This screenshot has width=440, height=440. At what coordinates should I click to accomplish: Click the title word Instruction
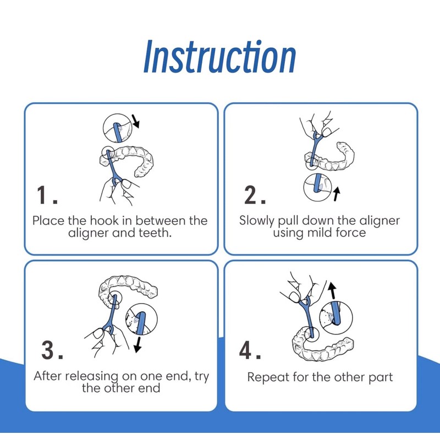tap(219, 57)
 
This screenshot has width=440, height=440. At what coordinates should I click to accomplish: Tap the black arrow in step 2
tap(337, 194)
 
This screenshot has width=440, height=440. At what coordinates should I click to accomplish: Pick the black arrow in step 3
tap(137, 345)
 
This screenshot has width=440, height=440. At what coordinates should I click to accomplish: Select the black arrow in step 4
tap(332, 290)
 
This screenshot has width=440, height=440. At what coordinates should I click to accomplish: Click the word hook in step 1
tap(104, 221)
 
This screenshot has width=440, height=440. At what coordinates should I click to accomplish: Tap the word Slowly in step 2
tap(256, 221)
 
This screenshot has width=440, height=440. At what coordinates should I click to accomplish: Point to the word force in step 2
tap(353, 233)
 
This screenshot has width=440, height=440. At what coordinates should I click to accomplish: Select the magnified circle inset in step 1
tap(118, 128)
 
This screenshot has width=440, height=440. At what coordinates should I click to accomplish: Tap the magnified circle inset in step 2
tap(318, 187)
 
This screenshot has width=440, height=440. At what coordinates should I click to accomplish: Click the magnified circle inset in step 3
tap(141, 319)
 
